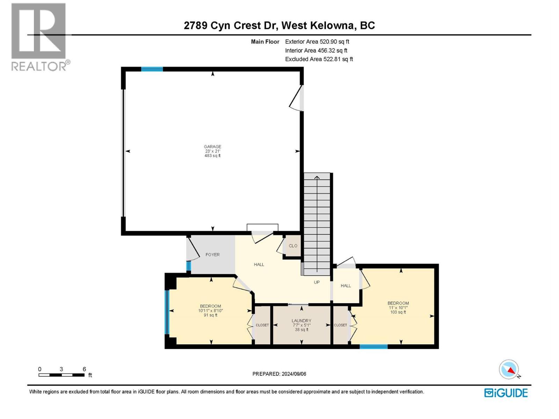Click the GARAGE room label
212,147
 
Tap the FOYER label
212,255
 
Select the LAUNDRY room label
301,321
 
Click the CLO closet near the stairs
293,246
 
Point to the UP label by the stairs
317,282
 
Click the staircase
317,223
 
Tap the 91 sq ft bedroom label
210,310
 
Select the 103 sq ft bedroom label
398,308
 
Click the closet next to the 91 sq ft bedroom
262,325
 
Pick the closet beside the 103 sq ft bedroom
340,325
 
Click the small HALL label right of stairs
346,286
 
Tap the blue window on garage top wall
152,69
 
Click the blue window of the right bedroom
373,346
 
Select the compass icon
509,369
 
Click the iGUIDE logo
506,393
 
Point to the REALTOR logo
39,37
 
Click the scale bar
61,375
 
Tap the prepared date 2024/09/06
279,374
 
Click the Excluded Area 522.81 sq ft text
319,59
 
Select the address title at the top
279,25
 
